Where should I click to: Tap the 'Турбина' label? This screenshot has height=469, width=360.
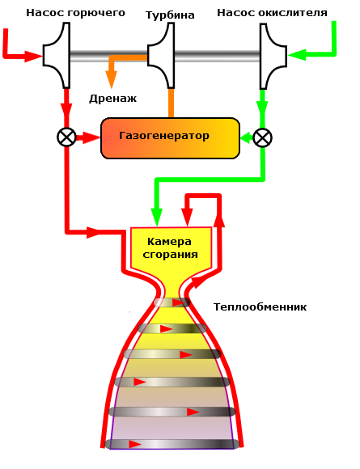coord(170,15)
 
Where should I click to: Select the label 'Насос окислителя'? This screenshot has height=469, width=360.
coord(273,13)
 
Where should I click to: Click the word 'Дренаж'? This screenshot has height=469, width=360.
coord(112,99)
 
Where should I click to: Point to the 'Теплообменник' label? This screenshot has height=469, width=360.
coord(260,307)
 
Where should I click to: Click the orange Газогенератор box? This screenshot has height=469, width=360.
coord(170,137)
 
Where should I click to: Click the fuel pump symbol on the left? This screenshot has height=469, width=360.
coord(57,56)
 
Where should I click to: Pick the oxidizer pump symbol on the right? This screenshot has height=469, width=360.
coord(271,56)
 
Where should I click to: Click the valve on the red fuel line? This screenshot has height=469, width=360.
coord(66,137)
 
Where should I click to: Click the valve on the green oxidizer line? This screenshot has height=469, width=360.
coord(262,137)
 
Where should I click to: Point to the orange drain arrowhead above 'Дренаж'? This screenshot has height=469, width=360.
coord(112,82)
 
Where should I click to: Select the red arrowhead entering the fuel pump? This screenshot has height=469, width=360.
coord(34,57)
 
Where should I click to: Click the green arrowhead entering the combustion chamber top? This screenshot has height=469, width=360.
coord(156,218)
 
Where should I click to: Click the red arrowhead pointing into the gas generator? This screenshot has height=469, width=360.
coord(91,137)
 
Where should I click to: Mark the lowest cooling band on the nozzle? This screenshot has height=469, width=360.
coord(172,444)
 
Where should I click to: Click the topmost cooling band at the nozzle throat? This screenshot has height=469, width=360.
coord(172,302)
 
